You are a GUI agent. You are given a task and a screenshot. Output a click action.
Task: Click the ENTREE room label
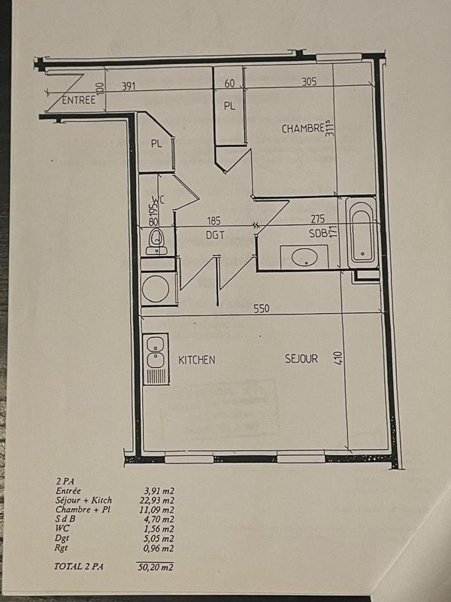click(x=79, y=101)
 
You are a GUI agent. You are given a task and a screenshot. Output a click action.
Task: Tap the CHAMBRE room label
click(x=303, y=129)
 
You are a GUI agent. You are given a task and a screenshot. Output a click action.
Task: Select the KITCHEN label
click(x=197, y=360)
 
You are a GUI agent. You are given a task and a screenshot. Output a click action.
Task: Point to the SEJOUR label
click(x=301, y=359)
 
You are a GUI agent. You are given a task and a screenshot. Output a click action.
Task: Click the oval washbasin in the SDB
click(x=304, y=257)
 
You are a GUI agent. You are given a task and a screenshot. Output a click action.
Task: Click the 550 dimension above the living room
click(x=261, y=309)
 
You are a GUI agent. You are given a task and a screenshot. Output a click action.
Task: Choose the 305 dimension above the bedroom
click(x=309, y=83)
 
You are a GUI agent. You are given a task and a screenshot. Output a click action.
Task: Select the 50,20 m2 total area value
click(x=159, y=567)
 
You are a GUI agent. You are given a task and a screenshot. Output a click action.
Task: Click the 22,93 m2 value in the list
click(x=159, y=500)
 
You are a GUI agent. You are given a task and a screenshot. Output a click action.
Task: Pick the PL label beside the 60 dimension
click(x=229, y=106)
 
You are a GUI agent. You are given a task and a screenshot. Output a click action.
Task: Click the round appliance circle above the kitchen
click(x=157, y=288)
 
